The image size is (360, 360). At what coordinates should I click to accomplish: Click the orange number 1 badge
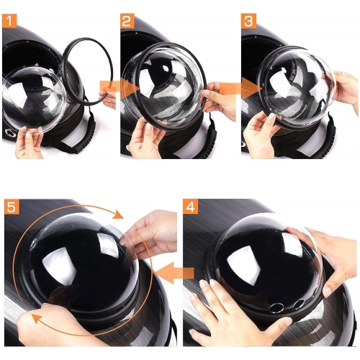coord(9,21)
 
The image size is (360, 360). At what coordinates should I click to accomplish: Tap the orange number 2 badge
coord(127,21)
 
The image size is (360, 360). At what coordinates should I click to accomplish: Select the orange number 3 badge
coord(248,21)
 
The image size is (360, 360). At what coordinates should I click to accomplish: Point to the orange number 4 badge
coord(190,207)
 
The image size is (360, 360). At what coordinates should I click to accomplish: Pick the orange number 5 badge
coord(12,207)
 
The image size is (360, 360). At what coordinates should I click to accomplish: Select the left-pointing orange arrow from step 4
coord(174,273)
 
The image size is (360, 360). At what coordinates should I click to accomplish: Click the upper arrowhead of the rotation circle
coord(118,214)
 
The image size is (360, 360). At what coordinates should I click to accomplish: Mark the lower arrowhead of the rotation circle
coord(37,320)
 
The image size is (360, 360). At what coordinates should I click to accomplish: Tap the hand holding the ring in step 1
coord(109,98)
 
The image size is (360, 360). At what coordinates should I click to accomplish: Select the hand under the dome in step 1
coord(28,143)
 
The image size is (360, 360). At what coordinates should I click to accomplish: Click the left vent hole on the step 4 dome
coord(276,307)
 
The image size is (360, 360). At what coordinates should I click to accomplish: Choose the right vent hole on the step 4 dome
coord(299,304)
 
